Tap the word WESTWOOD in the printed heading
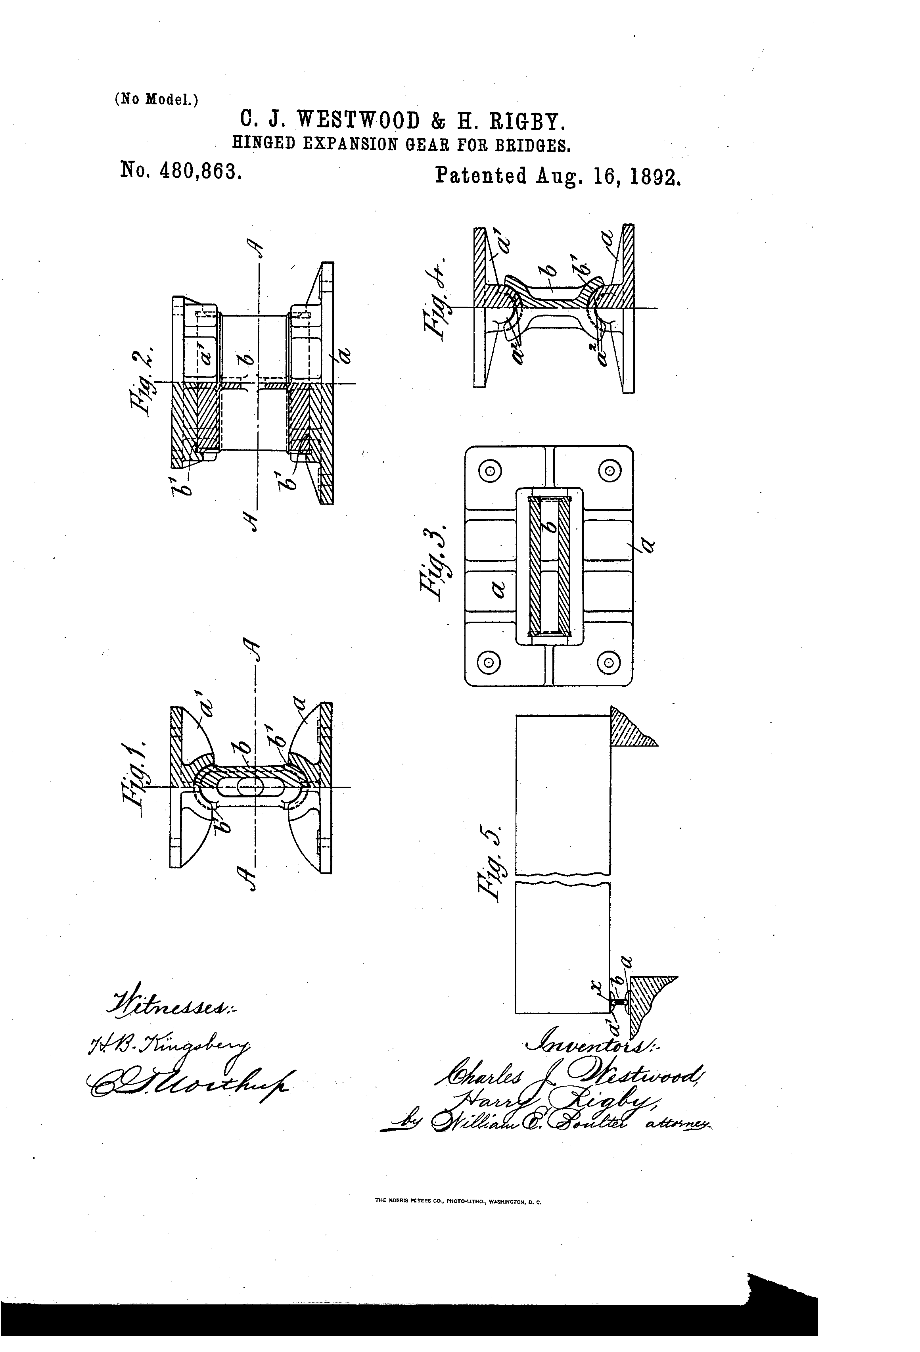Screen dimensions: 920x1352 tap(359, 121)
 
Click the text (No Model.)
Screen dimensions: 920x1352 tap(156, 100)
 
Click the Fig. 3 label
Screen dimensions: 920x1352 tap(434, 559)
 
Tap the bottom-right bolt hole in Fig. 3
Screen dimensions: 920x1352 tap(609, 661)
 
